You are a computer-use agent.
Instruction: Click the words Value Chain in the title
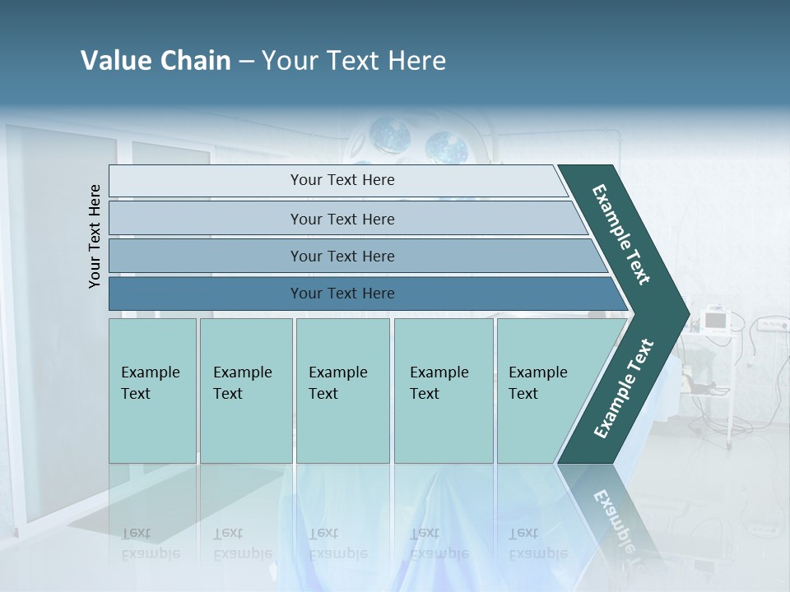point(156,61)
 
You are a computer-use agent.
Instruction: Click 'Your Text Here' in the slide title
point(354,61)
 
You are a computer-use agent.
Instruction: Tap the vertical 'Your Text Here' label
point(95,236)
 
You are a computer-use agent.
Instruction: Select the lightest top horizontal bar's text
point(342,180)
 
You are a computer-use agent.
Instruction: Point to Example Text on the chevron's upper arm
point(621,234)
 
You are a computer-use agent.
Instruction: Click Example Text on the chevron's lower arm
point(623,389)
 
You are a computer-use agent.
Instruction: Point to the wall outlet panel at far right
point(771,325)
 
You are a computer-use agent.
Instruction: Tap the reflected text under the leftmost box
point(150,543)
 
